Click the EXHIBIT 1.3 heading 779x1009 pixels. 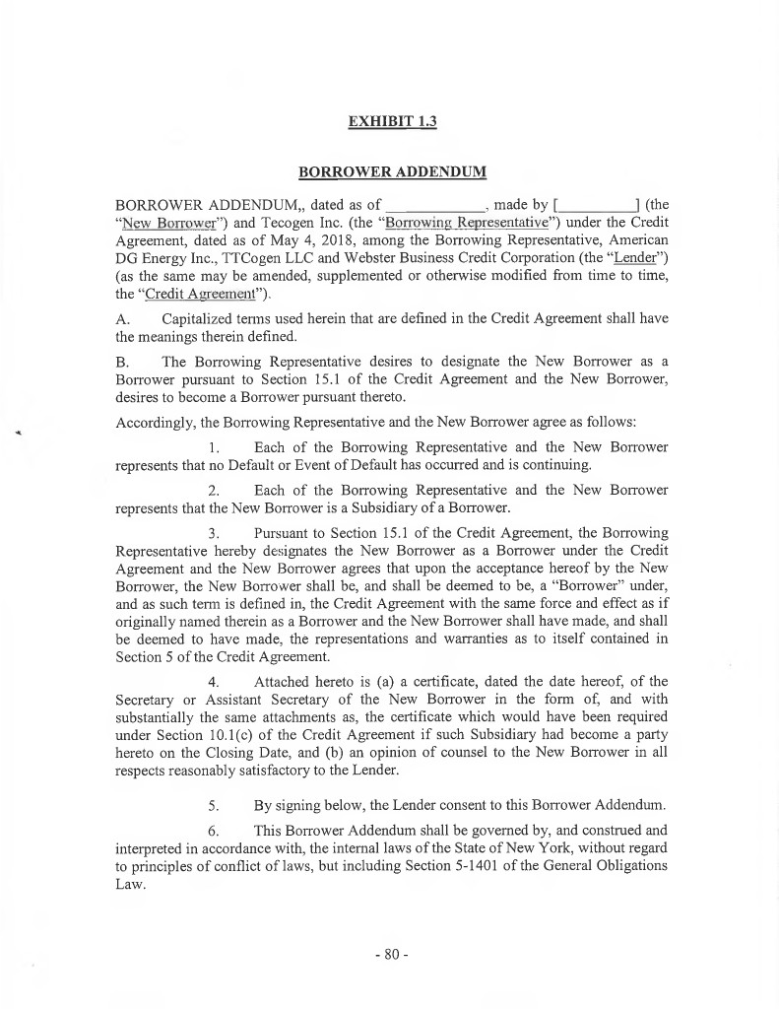click(x=392, y=122)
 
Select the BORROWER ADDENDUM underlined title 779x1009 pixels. click(x=392, y=172)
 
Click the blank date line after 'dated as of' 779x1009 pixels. click(x=441, y=206)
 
